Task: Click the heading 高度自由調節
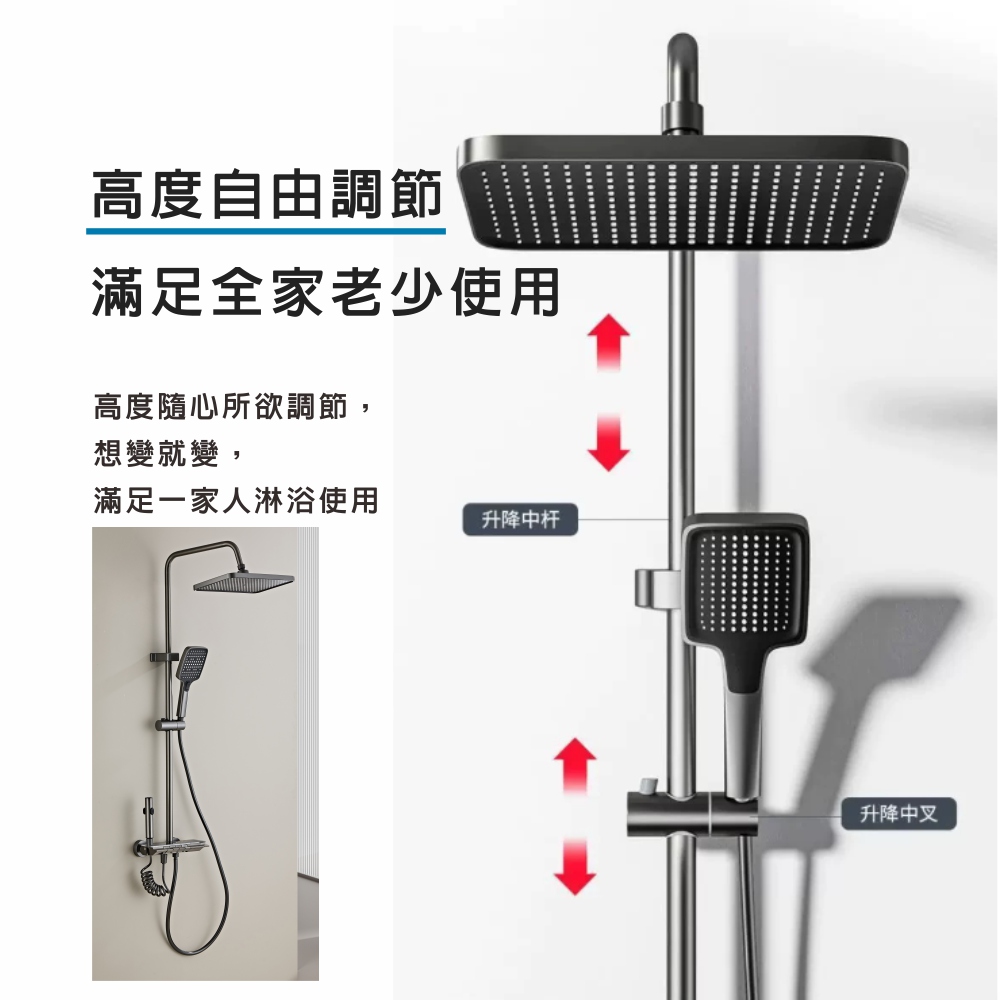click(x=267, y=195)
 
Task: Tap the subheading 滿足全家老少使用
click(x=326, y=291)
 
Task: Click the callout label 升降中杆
click(x=520, y=519)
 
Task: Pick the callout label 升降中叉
click(x=899, y=814)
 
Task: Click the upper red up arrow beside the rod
click(x=608, y=342)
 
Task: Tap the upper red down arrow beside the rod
click(x=608, y=443)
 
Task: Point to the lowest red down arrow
click(x=575, y=867)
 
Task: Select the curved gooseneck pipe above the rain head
click(x=682, y=83)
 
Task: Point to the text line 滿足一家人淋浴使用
click(x=236, y=500)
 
